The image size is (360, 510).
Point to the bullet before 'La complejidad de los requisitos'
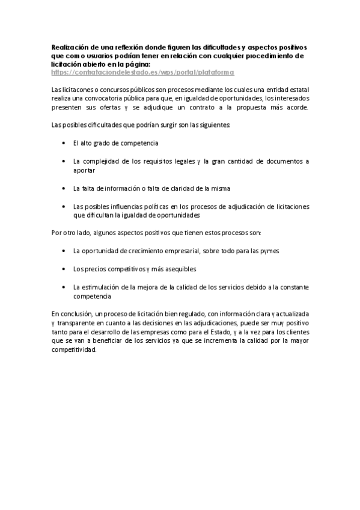coord(64,162)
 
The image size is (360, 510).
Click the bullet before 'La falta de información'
coord(64,189)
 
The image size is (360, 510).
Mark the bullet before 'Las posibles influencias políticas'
coord(64,206)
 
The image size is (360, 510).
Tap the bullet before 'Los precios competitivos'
coord(64,269)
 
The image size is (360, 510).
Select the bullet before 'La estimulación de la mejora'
coord(64,287)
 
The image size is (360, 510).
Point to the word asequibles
coord(178,269)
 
